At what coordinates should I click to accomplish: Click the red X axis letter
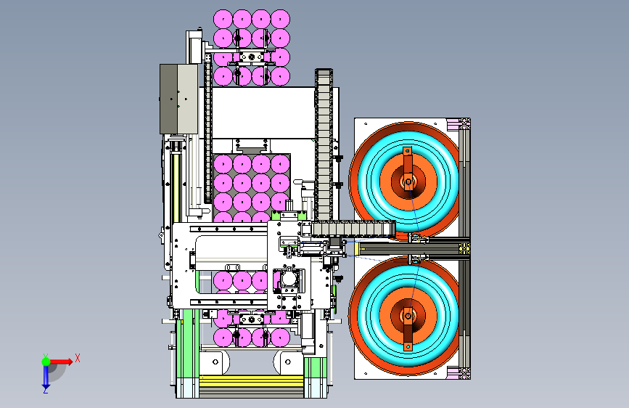pos(78,358)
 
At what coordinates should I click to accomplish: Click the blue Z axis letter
pos(45,390)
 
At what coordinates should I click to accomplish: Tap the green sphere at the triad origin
pos(46,362)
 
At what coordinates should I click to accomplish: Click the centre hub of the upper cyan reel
pos(408,181)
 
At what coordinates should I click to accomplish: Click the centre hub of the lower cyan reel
pos(408,317)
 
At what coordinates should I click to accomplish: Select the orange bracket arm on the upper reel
pos(408,165)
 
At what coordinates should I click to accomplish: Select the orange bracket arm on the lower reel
pos(408,330)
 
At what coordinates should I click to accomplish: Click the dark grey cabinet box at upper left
pos(179,99)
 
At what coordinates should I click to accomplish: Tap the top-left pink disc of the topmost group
pos(223,20)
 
